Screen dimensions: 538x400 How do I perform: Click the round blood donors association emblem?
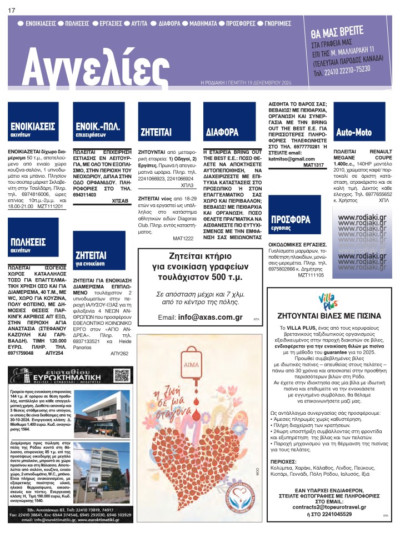tap(241, 504)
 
